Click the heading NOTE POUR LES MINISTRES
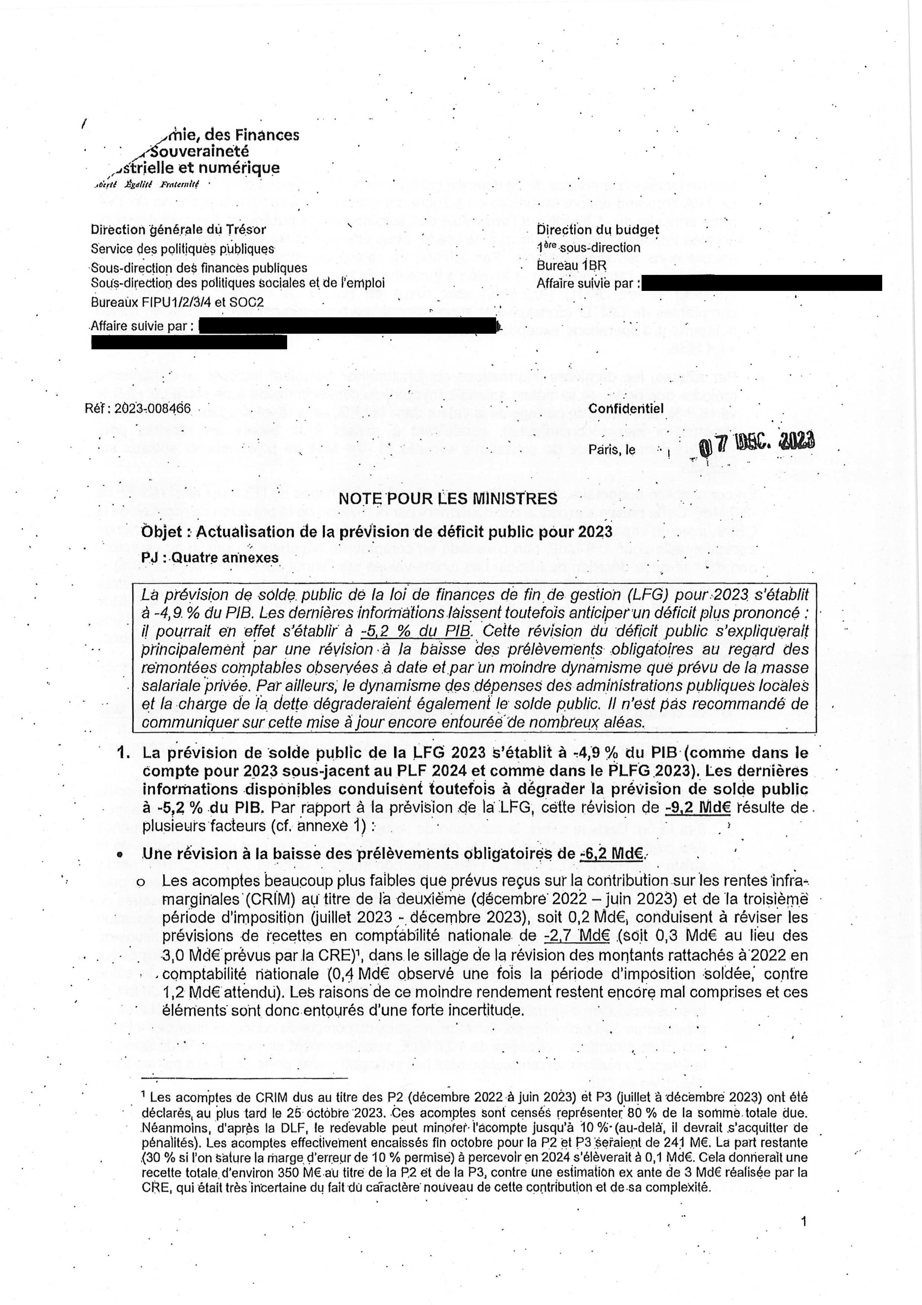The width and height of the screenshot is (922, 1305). click(x=448, y=499)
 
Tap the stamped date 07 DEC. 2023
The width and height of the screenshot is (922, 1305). click(x=755, y=442)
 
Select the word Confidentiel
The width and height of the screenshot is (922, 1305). click(x=626, y=408)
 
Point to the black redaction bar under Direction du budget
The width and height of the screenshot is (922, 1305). click(x=761, y=282)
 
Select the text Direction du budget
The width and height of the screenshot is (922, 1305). click(x=598, y=230)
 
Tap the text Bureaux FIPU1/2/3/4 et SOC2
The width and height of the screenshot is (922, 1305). click(x=177, y=302)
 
